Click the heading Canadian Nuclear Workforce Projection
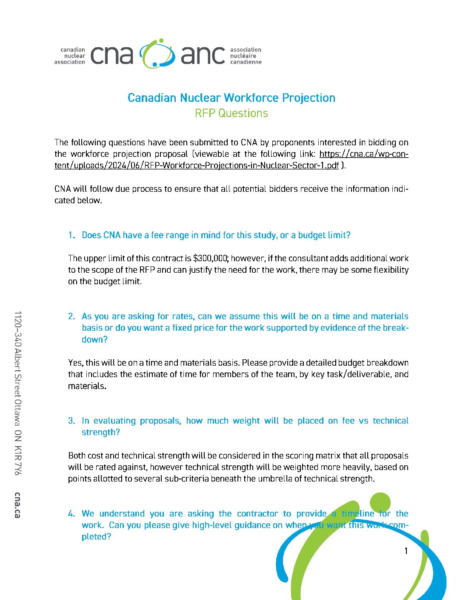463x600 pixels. click(231, 98)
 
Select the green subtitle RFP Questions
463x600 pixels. click(231, 113)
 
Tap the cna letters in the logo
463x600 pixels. click(112, 55)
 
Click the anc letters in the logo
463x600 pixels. click(203, 55)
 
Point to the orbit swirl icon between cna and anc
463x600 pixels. click(157, 54)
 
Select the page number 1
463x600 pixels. click(406, 551)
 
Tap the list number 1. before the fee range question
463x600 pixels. click(71, 235)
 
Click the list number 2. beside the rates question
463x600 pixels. click(71, 316)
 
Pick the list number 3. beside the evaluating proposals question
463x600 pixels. click(71, 421)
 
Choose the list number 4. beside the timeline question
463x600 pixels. click(71, 513)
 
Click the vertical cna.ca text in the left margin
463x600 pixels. click(17, 505)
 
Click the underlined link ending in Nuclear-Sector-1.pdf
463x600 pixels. click(197, 165)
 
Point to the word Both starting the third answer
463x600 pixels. click(77, 456)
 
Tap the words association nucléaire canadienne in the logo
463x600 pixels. click(246, 56)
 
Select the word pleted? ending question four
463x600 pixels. click(96, 537)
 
